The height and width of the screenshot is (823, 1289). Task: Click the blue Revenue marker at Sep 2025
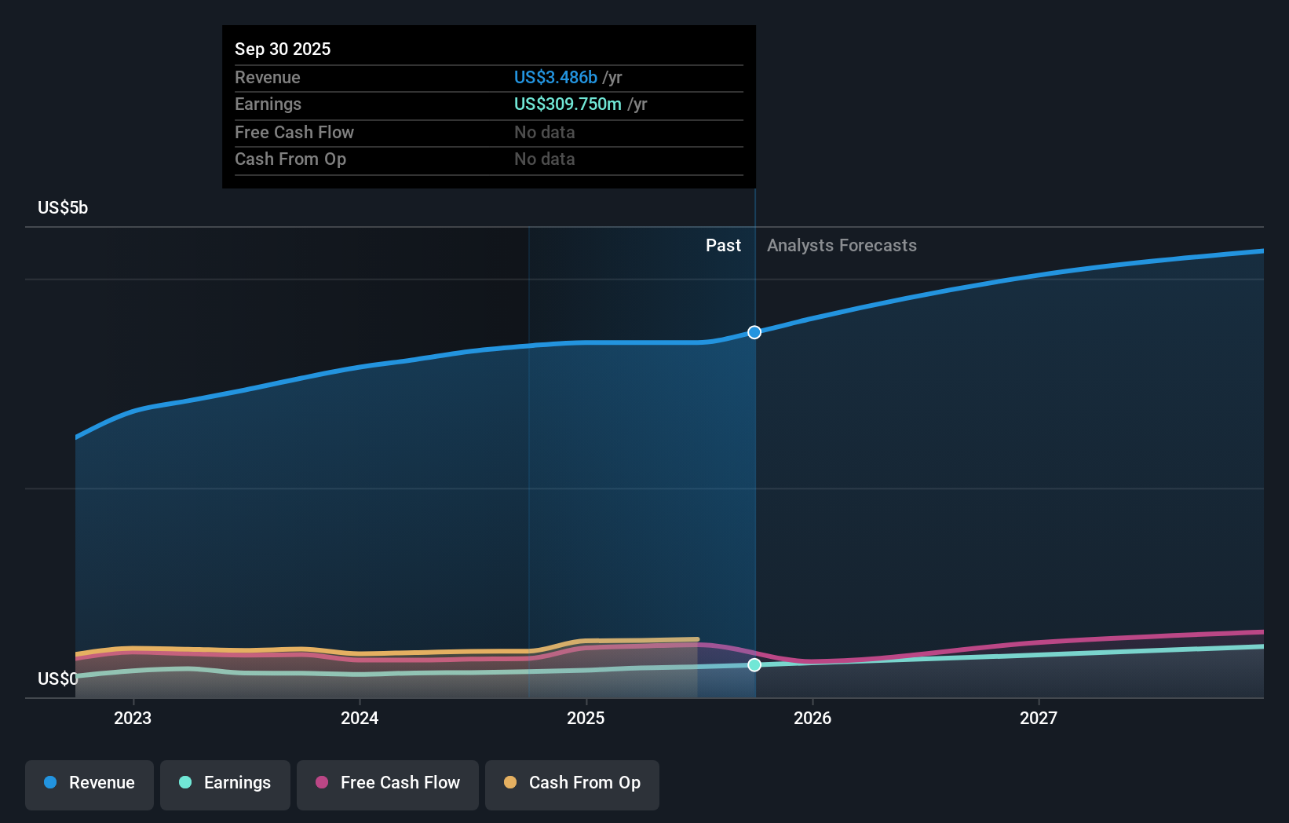(x=754, y=332)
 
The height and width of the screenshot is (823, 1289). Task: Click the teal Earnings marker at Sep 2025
(x=754, y=665)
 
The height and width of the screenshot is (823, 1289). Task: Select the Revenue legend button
(x=89, y=784)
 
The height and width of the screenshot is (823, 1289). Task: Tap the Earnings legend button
(x=225, y=784)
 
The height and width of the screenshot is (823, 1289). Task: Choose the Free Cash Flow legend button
(x=388, y=784)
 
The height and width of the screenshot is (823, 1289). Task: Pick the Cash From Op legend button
(x=572, y=784)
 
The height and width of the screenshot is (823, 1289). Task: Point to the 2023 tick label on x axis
(x=133, y=718)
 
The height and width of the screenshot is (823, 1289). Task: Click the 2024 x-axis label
(x=360, y=718)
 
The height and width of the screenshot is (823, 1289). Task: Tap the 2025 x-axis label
(x=586, y=718)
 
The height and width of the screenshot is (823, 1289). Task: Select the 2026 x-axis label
(x=812, y=718)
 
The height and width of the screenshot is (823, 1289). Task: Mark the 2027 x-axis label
(x=1039, y=718)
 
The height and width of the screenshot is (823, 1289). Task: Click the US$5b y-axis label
(x=63, y=208)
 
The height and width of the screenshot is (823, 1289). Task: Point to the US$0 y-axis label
(x=58, y=679)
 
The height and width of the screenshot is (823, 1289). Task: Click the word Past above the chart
(x=723, y=246)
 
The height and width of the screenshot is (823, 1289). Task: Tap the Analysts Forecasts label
(x=842, y=246)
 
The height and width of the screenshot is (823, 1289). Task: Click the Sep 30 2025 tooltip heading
(x=283, y=49)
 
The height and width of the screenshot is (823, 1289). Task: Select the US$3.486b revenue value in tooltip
(x=555, y=78)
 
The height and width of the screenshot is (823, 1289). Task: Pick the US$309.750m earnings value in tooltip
(x=568, y=104)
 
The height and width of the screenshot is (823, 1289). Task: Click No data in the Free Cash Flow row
(x=545, y=133)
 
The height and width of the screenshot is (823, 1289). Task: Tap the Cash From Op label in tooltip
(x=290, y=159)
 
